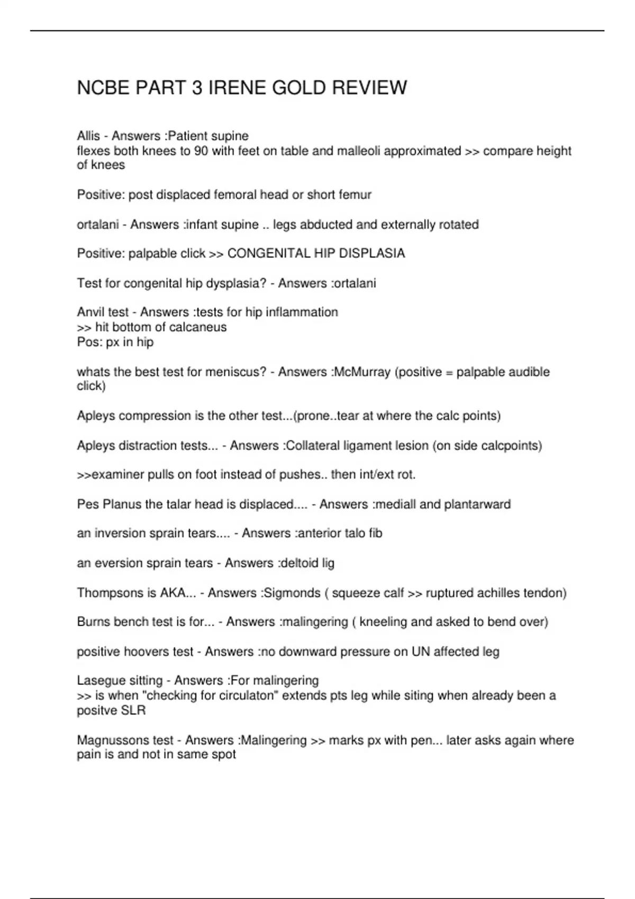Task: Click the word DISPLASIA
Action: coord(371,254)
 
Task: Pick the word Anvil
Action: coord(90,313)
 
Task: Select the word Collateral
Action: coord(312,446)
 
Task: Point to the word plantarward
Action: coord(477,504)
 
